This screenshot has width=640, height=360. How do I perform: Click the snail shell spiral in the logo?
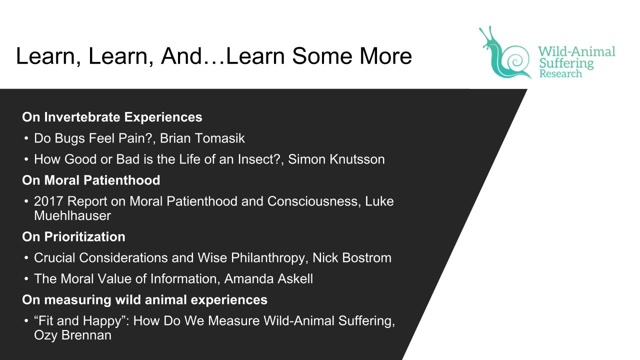[516, 60]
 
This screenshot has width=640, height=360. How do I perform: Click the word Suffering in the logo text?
[566, 63]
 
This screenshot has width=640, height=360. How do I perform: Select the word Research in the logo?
[560, 73]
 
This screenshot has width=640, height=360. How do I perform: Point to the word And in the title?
[181, 55]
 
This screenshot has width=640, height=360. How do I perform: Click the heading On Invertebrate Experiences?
[112, 117]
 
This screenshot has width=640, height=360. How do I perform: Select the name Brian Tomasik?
[202, 138]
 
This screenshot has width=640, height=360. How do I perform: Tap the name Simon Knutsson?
[336, 159]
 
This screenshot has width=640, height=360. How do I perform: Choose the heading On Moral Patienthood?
[91, 180]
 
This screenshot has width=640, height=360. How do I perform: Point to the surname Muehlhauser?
[72, 215]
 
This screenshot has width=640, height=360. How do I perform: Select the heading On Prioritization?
[73, 236]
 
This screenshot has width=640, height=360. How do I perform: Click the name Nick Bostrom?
[352, 257]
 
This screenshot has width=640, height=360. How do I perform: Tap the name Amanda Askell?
[268, 279]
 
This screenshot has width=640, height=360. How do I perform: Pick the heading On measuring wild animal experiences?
[144, 300]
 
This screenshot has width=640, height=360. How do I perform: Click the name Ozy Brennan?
[72, 335]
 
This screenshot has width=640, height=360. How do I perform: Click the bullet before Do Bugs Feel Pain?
[26, 138]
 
